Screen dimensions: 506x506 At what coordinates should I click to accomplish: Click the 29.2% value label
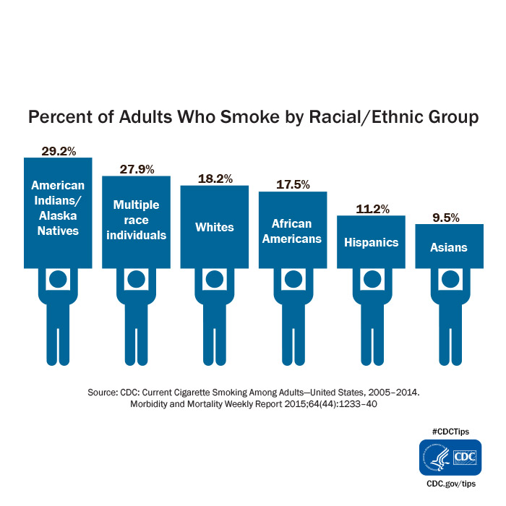click(59, 152)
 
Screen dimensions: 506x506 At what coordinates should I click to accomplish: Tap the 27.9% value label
click(137, 169)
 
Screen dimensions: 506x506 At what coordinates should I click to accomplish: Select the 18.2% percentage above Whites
click(215, 179)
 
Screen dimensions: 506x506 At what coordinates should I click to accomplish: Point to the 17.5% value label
click(293, 185)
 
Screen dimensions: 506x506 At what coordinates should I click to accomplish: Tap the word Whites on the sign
click(215, 227)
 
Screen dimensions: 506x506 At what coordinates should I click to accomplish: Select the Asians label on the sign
click(449, 247)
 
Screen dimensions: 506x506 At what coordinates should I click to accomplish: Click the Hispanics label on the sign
click(371, 242)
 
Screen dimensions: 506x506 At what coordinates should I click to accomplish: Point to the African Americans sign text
click(293, 231)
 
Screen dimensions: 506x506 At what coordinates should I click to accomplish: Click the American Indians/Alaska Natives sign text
click(59, 208)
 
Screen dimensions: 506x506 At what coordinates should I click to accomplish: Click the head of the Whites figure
click(215, 279)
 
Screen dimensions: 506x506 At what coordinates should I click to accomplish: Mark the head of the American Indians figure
click(59, 279)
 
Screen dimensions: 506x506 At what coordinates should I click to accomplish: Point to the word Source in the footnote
click(103, 391)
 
